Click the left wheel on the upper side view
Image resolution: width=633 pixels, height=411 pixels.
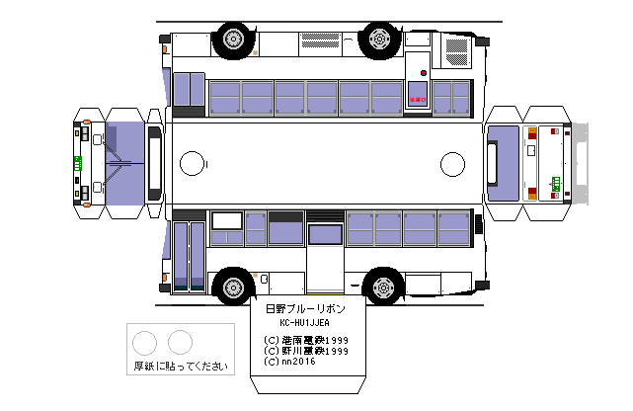click(233, 40)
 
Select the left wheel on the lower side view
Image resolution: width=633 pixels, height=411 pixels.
click(233, 287)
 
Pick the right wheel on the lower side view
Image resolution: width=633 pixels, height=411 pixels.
click(380, 288)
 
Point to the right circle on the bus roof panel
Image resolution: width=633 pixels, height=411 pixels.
click(452, 163)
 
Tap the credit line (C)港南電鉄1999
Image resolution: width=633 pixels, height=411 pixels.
click(307, 338)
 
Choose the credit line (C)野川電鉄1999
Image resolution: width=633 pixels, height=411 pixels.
click(307, 350)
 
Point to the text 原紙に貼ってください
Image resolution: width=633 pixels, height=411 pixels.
click(182, 366)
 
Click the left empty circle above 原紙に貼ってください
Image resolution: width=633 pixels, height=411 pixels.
click(145, 343)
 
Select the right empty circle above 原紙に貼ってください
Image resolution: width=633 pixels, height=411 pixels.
click(180, 343)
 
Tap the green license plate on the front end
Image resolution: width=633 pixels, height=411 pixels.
click(77, 162)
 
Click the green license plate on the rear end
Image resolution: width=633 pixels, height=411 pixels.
click(555, 182)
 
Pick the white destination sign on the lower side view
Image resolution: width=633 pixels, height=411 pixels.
click(226, 220)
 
